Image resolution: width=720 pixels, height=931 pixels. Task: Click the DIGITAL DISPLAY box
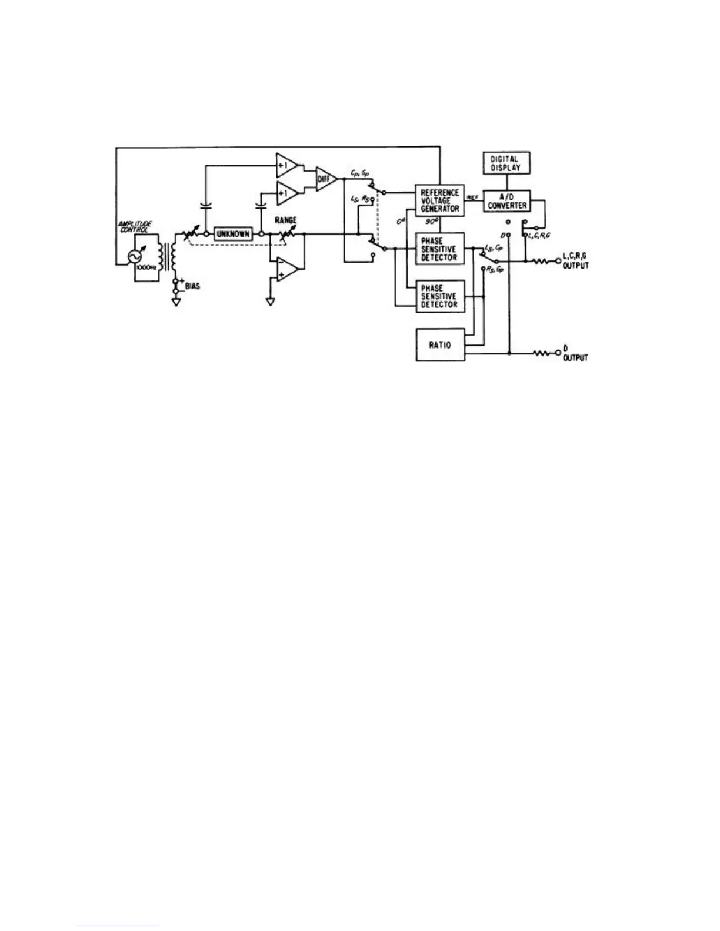504,163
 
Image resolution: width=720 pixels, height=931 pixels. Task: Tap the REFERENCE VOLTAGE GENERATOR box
439,201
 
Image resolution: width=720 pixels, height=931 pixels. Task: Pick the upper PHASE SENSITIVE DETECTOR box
439,249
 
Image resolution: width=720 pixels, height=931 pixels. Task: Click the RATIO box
439,345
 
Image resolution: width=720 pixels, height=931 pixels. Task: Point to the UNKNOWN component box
233,234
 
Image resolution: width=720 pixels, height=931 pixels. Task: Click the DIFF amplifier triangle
325,178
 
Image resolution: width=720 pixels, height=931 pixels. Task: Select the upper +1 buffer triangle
287,166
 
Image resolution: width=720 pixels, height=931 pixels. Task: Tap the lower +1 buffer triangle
287,192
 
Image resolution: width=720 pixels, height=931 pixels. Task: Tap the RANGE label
285,220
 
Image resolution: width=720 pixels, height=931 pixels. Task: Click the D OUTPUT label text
575,353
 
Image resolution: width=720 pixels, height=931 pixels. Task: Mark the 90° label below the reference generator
431,223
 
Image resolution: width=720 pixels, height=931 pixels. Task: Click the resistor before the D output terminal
542,354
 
